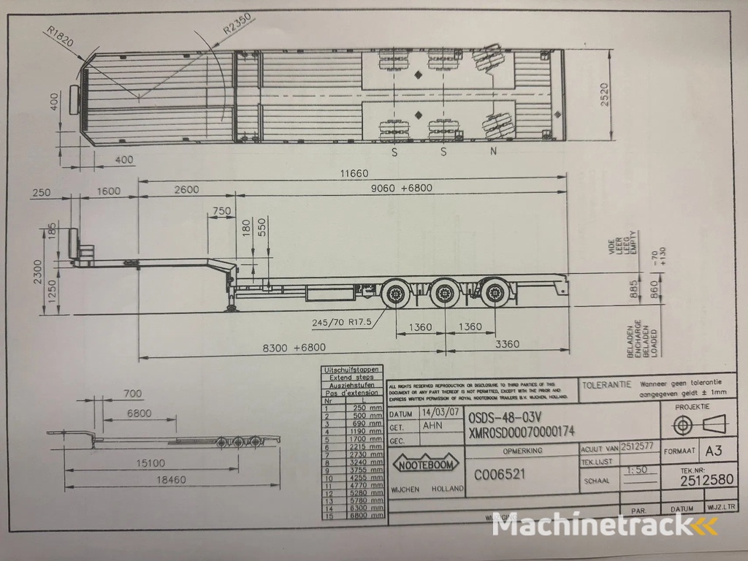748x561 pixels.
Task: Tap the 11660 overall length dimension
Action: click(x=353, y=174)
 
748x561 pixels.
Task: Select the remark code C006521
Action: click(x=500, y=474)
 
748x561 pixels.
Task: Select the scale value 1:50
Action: click(x=637, y=472)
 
